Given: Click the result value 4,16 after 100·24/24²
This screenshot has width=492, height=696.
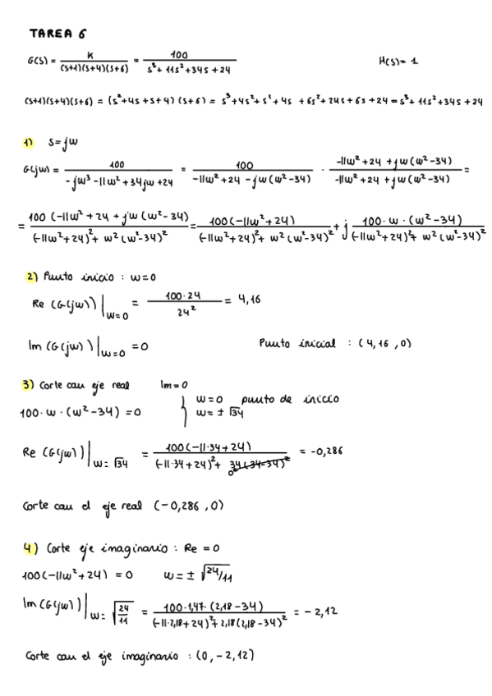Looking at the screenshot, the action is pos(250,301).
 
